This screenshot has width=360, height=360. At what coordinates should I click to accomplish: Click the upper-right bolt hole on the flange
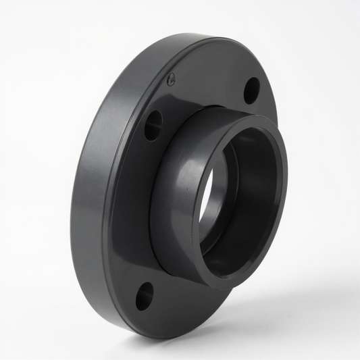[251, 90]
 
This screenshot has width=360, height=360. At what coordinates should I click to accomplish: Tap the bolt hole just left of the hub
[153, 125]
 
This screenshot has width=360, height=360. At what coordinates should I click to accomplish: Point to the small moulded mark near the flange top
[172, 77]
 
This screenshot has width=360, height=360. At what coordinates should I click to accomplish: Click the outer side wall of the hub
[172, 196]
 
